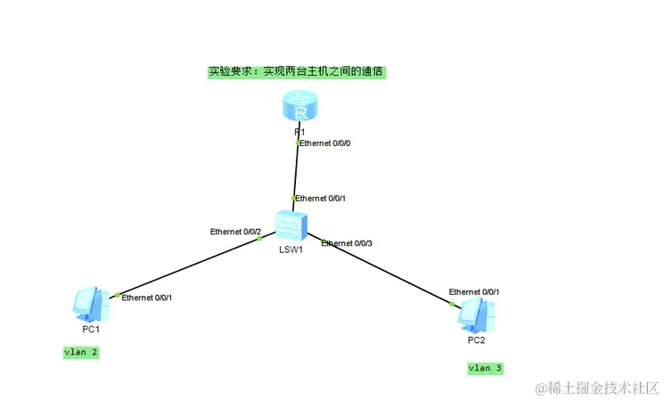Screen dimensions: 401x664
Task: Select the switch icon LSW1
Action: click(291, 225)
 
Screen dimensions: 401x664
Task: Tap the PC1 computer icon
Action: click(90, 305)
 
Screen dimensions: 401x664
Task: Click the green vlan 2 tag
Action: click(81, 353)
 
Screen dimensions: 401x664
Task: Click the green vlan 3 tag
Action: click(486, 368)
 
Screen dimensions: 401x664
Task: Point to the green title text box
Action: click(297, 71)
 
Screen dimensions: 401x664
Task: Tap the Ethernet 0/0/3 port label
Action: click(347, 243)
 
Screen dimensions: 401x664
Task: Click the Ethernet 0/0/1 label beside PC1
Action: click(147, 298)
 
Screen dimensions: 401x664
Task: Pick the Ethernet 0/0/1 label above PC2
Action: click(474, 291)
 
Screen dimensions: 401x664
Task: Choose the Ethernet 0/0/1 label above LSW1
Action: click(321, 198)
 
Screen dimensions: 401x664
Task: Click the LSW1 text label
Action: click(291, 250)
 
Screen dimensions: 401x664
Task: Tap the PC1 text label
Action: click(91, 329)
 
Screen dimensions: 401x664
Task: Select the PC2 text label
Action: click(477, 340)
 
